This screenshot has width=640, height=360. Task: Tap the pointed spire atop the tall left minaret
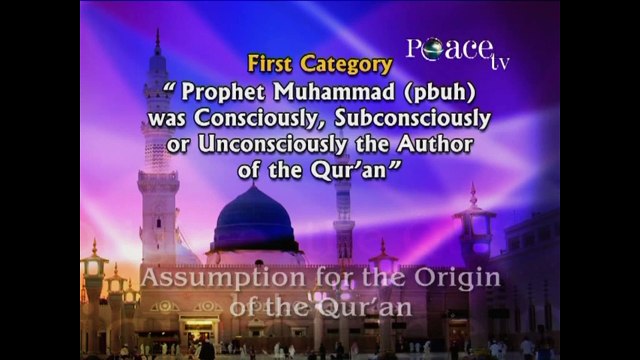pos(157,42)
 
